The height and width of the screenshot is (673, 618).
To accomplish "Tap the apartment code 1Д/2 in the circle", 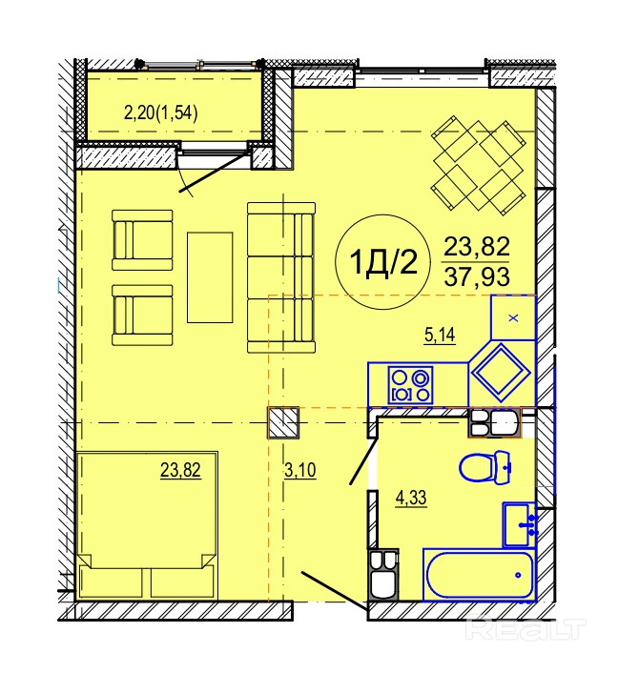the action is click(x=383, y=262).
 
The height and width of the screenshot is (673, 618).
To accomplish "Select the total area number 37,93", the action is click(x=477, y=276).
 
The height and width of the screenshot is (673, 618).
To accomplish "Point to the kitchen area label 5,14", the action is click(x=440, y=335).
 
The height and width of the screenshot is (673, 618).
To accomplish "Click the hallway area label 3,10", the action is click(x=300, y=470).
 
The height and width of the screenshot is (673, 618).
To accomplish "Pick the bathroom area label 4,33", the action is click(x=411, y=498).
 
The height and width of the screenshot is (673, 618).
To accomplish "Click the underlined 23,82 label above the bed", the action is click(x=180, y=470).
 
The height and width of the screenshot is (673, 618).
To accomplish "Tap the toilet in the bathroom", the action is click(x=485, y=467).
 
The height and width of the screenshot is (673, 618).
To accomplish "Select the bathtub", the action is click(x=479, y=574).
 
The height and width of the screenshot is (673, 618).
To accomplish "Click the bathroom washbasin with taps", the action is click(x=520, y=525).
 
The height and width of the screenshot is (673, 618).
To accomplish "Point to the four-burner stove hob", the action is click(x=410, y=385).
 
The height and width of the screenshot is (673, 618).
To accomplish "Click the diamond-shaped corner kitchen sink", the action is click(x=501, y=373).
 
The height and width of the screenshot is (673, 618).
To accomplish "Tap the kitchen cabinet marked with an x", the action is click(x=513, y=317).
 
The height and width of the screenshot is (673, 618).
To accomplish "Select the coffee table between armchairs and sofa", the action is click(x=210, y=277).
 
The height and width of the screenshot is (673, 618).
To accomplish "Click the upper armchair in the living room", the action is click(x=142, y=240).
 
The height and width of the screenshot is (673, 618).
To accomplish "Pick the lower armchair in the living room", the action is click(x=142, y=316).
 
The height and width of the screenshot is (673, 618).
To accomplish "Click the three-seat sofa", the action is click(x=281, y=277).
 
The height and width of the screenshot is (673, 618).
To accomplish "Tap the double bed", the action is click(x=147, y=525).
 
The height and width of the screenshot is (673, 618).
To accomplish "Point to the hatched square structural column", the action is click(x=283, y=423).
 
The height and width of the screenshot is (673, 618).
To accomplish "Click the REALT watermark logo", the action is click(x=525, y=630).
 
